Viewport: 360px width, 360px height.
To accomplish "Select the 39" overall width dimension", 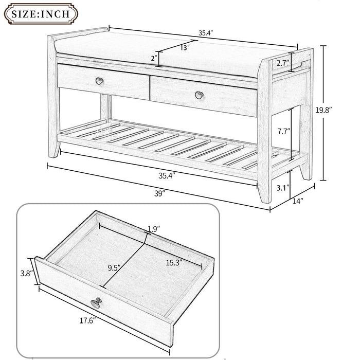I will [x=160, y=193].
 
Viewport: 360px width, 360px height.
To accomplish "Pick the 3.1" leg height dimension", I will [x=282, y=188].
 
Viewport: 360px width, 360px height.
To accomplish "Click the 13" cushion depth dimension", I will [x=185, y=47].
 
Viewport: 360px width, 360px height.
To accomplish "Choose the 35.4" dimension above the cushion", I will [x=206, y=33].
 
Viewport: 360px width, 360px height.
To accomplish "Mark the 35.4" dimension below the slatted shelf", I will [x=167, y=175].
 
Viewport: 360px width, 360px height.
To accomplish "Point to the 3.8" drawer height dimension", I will [x=27, y=273].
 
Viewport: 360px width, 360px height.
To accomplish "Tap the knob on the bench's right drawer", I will [x=199, y=95].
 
